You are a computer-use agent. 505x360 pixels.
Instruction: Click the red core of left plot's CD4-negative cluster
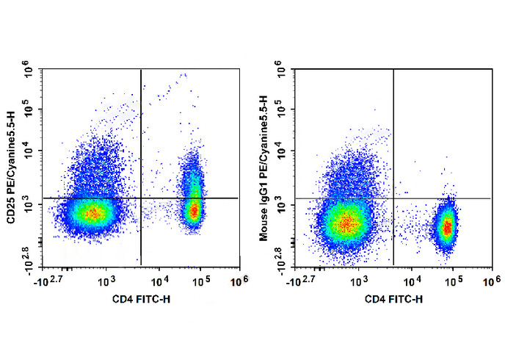[92, 214]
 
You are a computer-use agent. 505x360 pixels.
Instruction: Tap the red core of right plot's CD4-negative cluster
[345, 220]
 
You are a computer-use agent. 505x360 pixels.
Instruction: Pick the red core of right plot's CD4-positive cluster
[446, 227]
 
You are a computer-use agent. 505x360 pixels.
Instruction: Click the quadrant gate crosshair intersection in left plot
[140, 198]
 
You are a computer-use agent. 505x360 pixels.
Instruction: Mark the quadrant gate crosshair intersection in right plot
[393, 198]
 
